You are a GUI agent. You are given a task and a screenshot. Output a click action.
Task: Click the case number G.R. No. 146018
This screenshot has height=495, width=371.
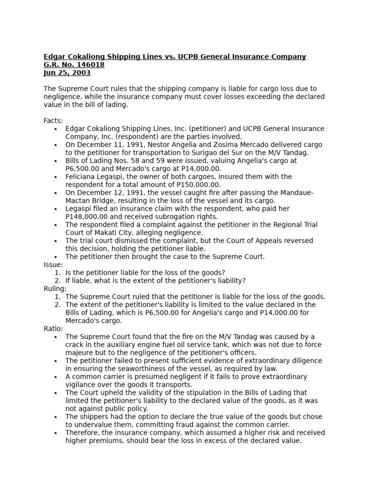click(74, 65)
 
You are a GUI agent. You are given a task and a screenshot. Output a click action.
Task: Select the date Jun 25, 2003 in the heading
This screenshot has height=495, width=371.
click(67, 73)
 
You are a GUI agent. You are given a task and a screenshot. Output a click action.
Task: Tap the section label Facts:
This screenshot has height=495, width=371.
click(53, 121)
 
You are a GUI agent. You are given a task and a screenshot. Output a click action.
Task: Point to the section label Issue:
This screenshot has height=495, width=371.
click(53, 265)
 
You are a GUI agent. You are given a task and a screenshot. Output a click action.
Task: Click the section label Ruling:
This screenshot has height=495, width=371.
click(55, 289)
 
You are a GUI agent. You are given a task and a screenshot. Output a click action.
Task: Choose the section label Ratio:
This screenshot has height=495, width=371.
click(53, 329)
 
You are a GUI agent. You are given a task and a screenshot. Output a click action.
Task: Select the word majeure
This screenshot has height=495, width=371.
click(79, 353)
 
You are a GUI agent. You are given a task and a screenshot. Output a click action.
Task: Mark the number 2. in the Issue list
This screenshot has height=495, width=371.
click(57, 281)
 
